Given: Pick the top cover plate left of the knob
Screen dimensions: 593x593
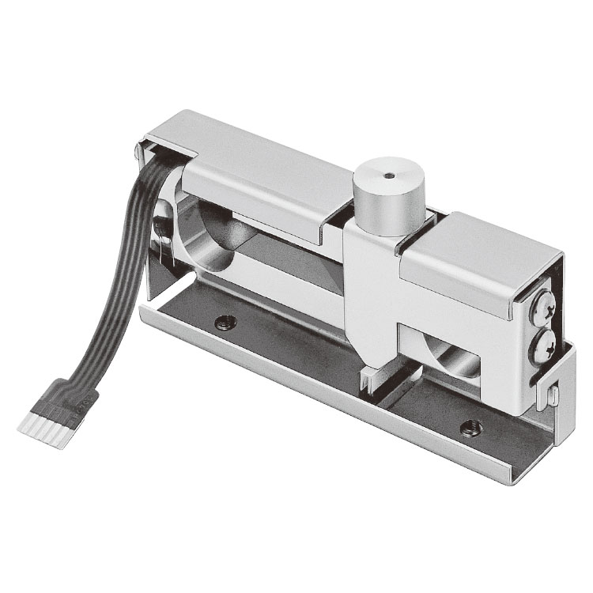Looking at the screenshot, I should click(x=253, y=170).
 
